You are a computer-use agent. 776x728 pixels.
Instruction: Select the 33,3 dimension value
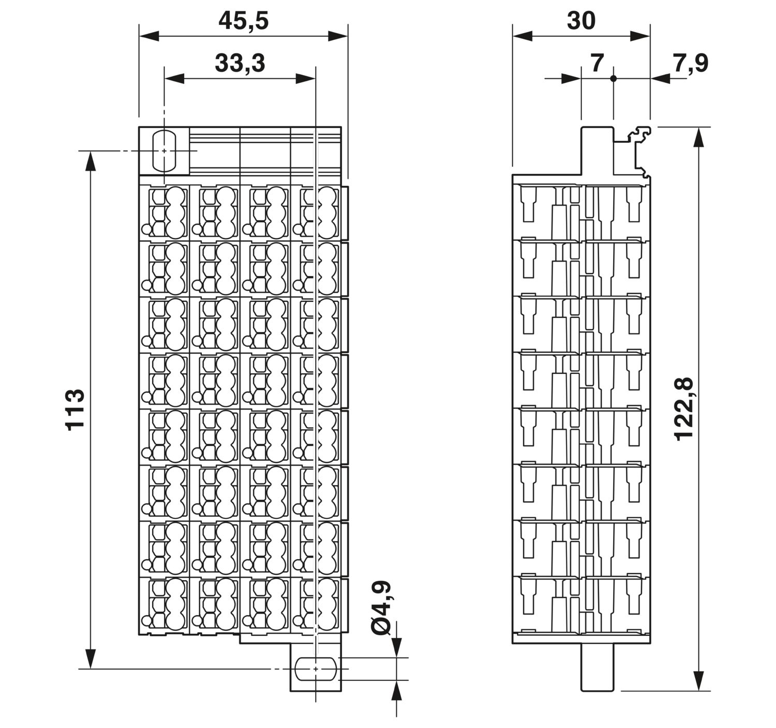tap(240, 63)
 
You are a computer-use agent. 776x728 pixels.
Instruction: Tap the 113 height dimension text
tap(74, 410)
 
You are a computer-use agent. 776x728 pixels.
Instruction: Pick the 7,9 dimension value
tap(691, 63)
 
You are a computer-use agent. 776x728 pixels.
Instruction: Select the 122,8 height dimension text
tap(684, 409)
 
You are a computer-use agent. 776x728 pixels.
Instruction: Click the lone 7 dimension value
tap(596, 63)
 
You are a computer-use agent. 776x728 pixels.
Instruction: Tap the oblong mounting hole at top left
tap(164, 151)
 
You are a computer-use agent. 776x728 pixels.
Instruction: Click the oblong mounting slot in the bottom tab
tap(316, 669)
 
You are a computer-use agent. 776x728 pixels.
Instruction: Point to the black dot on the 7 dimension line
tap(613, 79)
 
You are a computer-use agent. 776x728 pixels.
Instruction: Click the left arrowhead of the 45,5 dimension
tap(149, 36)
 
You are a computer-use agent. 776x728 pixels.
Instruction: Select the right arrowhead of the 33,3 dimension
tap(305, 79)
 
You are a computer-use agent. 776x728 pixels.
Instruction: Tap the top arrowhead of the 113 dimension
tap(90, 161)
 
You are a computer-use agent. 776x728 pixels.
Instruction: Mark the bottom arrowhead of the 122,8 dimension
tap(698, 681)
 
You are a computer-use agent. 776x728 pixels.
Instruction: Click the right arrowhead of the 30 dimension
tap(640, 36)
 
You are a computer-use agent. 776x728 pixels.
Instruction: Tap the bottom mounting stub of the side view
tap(596, 667)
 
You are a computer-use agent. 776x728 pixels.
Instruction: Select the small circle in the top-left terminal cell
tap(146, 229)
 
